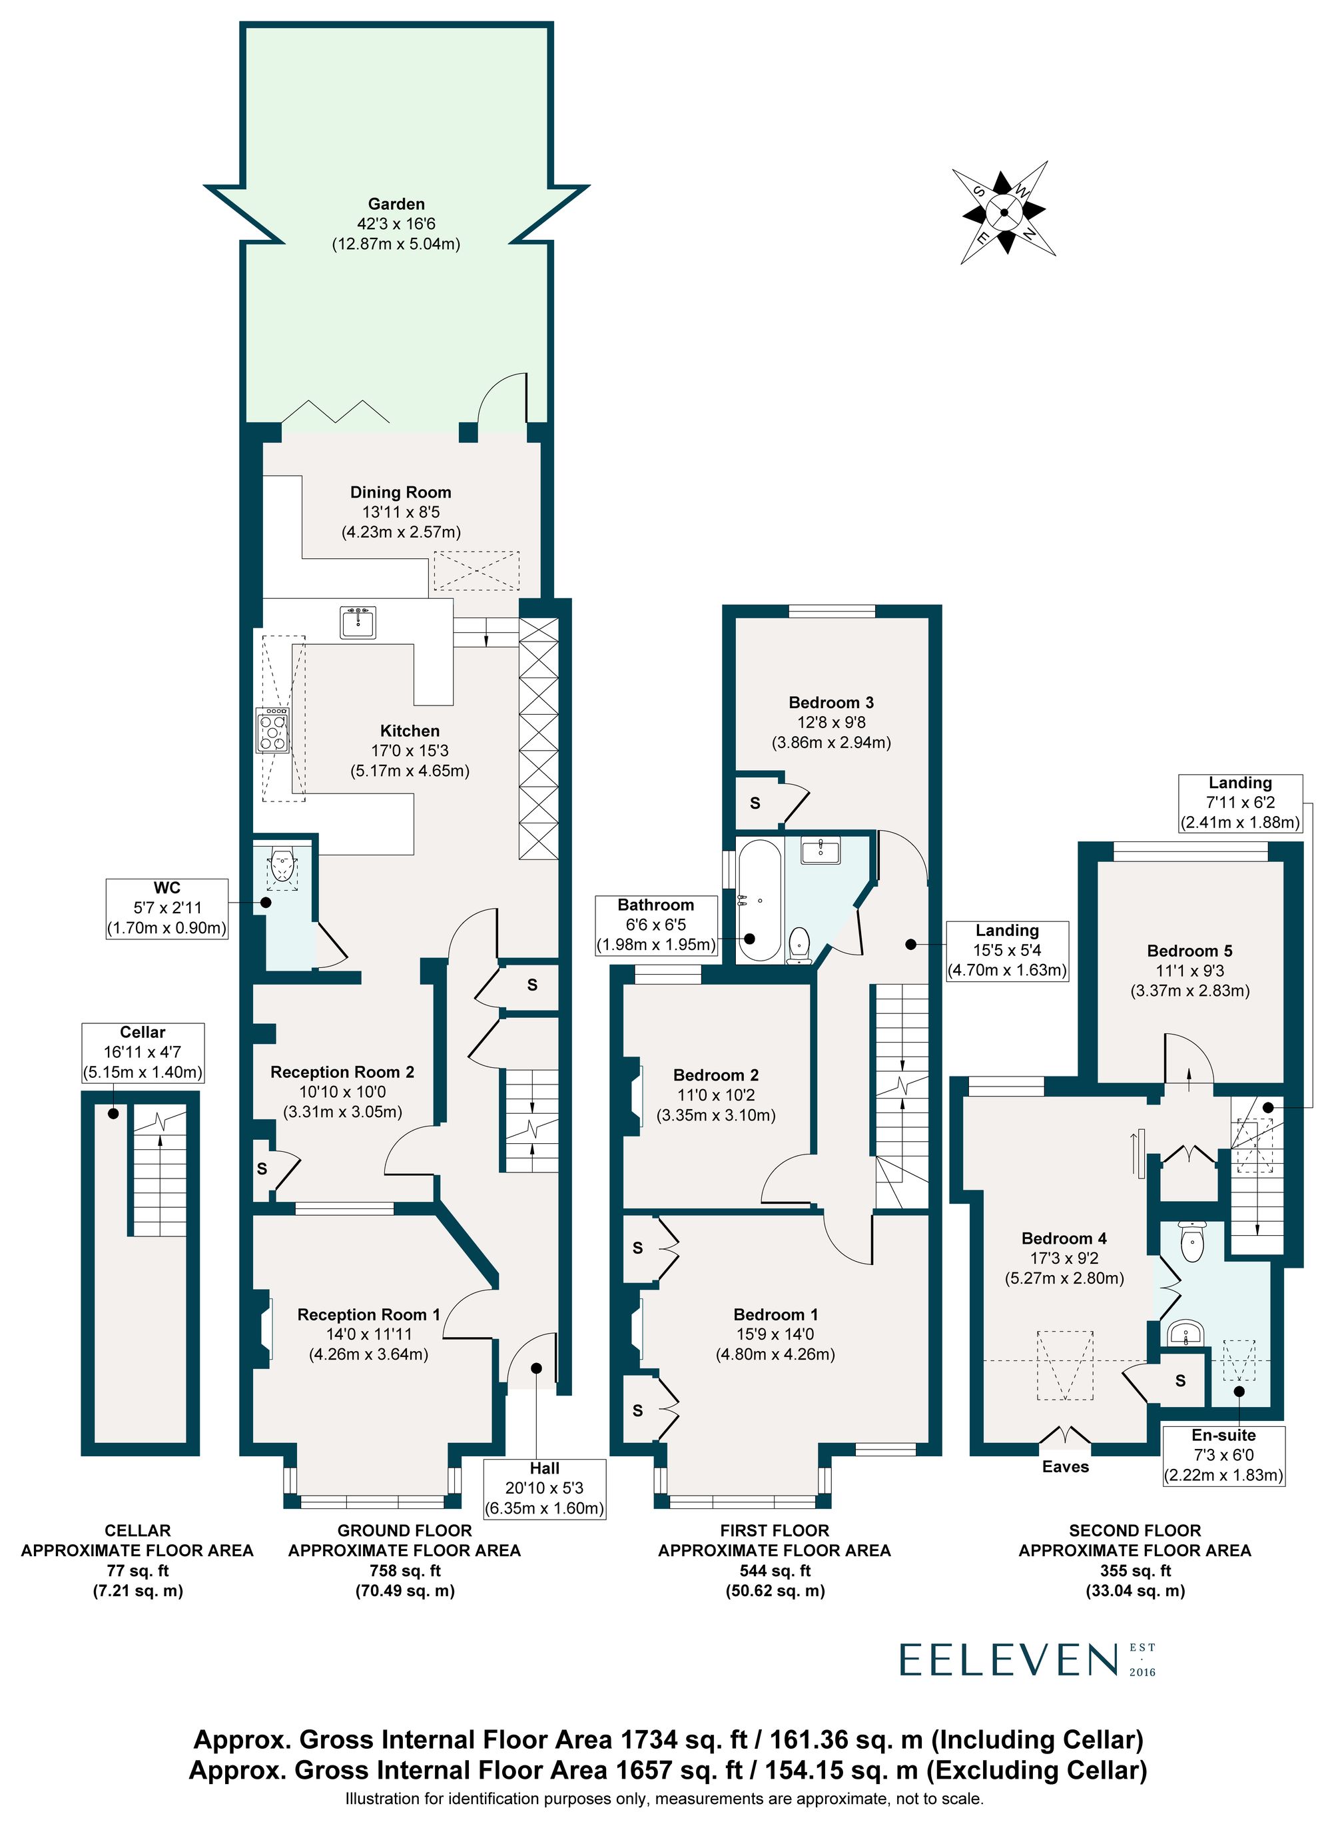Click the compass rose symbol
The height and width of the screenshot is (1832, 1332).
[1003, 213]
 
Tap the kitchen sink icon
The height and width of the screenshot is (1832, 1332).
[357, 622]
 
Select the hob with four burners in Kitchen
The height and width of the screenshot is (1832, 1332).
[273, 730]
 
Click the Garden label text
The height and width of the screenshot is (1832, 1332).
[396, 205]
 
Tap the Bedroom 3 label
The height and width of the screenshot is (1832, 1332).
[831, 703]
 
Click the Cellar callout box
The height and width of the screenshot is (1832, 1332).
[143, 1052]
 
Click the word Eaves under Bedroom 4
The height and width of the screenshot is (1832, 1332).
[1065, 1466]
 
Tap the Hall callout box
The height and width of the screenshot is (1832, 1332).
[543, 1488]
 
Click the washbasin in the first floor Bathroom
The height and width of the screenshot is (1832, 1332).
[821, 850]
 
